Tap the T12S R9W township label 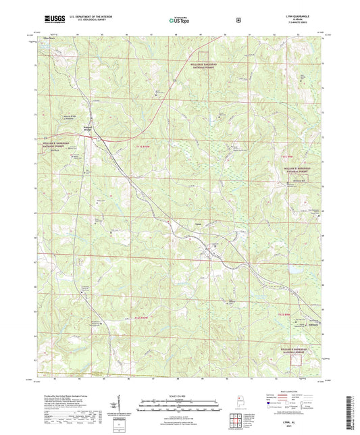point(287,315)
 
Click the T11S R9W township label point(303,156)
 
